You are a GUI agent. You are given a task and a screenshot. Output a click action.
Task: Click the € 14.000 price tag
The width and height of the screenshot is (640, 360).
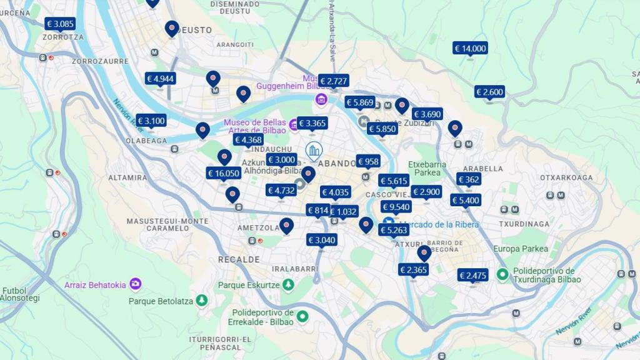[x=470, y=48]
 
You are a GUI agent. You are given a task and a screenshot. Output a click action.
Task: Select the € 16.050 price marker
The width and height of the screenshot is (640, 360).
[x=223, y=173]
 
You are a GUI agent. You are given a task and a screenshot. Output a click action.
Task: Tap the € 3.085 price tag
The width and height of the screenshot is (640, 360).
[x=60, y=24]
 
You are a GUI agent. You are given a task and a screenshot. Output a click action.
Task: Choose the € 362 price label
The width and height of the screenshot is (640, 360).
[x=469, y=179]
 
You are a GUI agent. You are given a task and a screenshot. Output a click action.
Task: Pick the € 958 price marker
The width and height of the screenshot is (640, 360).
[x=368, y=161]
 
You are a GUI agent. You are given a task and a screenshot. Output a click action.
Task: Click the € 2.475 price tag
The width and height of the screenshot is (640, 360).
[x=472, y=276]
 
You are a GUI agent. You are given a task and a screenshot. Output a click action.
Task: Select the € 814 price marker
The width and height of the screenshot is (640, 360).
[x=318, y=210]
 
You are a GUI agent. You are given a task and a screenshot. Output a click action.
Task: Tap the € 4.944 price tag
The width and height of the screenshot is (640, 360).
[x=160, y=79]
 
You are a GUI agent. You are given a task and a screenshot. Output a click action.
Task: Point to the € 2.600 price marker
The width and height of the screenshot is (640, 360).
[x=489, y=92]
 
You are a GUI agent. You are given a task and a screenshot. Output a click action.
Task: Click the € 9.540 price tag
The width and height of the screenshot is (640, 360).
[x=396, y=207]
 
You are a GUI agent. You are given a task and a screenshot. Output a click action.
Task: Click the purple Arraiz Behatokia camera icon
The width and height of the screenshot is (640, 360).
[x=136, y=285]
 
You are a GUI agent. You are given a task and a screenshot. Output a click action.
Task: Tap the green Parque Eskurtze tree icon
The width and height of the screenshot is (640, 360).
[x=288, y=285]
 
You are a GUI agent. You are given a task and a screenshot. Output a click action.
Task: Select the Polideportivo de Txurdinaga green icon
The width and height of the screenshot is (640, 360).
[x=502, y=274]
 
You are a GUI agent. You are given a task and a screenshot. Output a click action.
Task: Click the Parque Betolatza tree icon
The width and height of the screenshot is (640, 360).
[x=201, y=301]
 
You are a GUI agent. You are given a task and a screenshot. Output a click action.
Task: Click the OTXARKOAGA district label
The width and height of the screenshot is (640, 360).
[x=566, y=177]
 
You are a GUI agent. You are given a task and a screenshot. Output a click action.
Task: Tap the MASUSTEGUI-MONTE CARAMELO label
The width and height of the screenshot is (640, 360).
[x=158, y=224]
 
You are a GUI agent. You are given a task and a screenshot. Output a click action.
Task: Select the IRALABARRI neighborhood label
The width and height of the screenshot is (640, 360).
[x=296, y=269]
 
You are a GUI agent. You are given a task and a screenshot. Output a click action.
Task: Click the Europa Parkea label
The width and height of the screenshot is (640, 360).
[x=521, y=249]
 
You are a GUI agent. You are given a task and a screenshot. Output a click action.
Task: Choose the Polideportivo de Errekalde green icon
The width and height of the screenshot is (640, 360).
[x=302, y=316]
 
